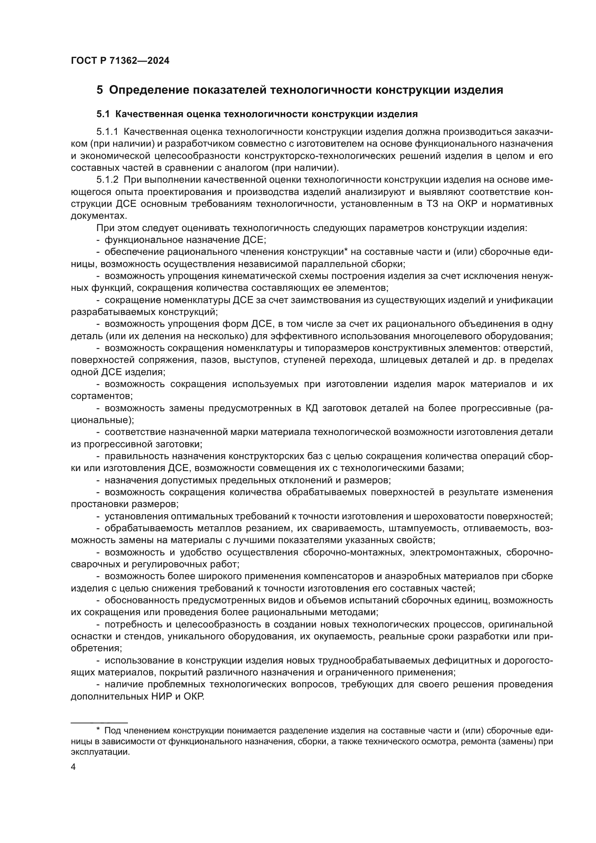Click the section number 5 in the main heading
coord(99,90)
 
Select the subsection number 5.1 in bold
coord(103,114)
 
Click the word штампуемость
coord(415,528)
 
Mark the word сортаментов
coord(101,396)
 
